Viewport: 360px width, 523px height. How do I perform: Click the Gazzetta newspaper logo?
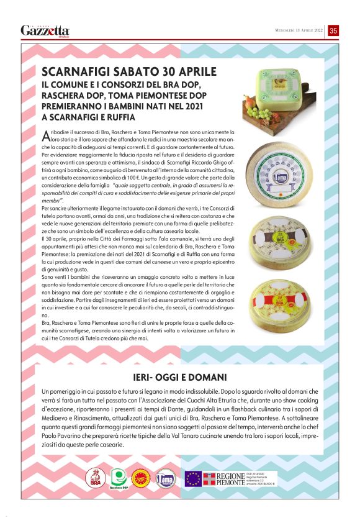(45, 30)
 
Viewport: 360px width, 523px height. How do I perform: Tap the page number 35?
(333, 30)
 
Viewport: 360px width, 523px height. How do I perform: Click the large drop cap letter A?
(45, 136)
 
